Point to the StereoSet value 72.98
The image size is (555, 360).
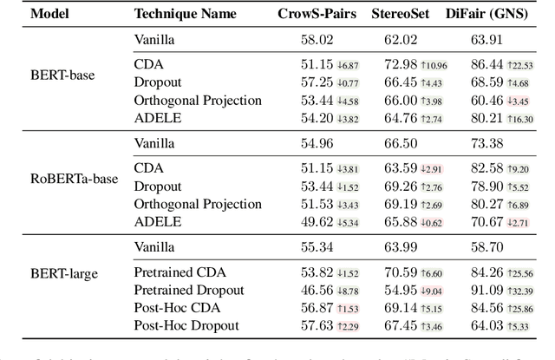pos(402,64)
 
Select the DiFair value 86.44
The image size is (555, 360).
pos(488,64)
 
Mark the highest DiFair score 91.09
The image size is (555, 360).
pos(488,290)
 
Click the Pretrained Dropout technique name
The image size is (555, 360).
pos(188,290)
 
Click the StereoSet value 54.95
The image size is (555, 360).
pos(402,290)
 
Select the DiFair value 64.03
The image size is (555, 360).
pos(488,325)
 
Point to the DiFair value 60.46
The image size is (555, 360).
pos(488,100)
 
